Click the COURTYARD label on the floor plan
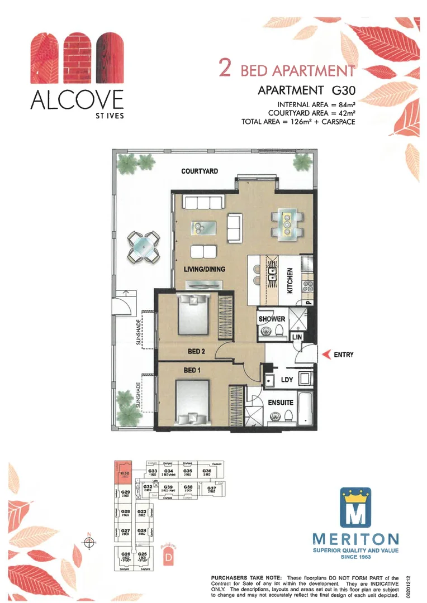[x=199, y=171]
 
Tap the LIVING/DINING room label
[x=205, y=269]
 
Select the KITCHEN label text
[x=290, y=280]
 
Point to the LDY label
[x=287, y=379]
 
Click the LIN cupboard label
[x=296, y=338]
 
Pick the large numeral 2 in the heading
[x=226, y=68]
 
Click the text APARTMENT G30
[x=307, y=90]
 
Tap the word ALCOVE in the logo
[x=77, y=100]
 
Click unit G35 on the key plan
[x=188, y=472]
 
